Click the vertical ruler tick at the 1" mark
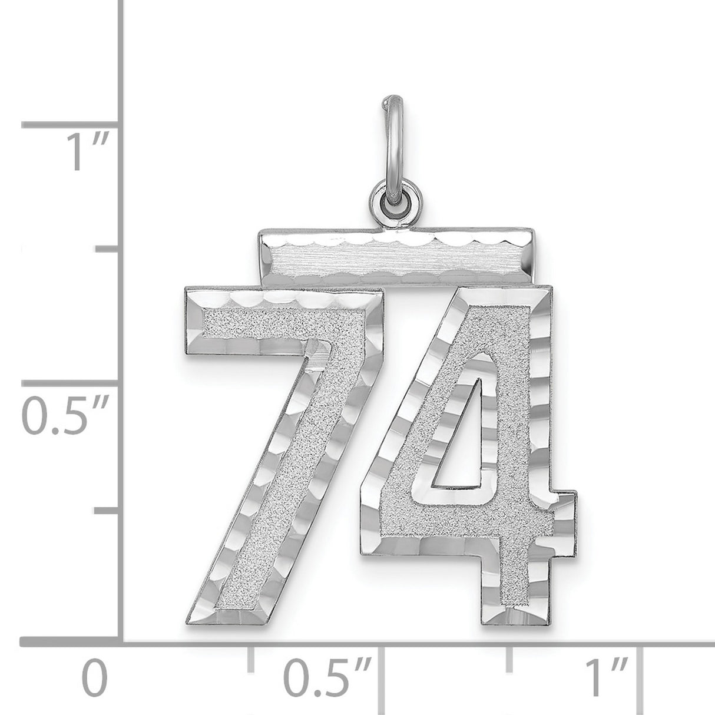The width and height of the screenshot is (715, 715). (71, 125)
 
